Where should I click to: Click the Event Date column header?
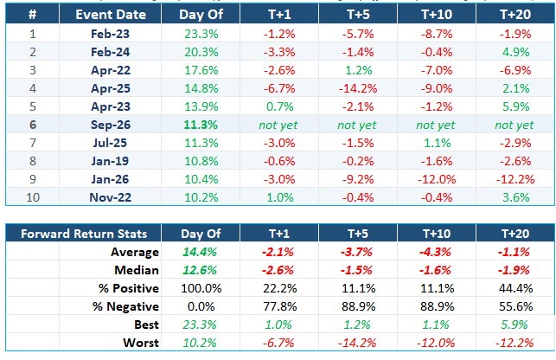tap(111, 15)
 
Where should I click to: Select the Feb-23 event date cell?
tap(111, 34)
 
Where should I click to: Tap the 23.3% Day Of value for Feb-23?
tap(201, 34)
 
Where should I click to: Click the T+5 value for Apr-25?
tap(358, 88)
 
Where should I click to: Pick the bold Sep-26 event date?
tap(111, 125)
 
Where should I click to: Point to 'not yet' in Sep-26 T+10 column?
tap(436, 125)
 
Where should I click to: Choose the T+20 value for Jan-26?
tap(514, 179)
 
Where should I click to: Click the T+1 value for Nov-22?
tap(280, 197)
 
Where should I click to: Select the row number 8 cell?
tap(33, 161)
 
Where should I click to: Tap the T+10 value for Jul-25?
tap(438, 143)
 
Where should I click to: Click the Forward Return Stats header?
tap(84, 234)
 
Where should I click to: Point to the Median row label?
tap(137, 270)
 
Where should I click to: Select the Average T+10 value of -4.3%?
tap(435, 252)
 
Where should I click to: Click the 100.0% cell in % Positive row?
tap(201, 288)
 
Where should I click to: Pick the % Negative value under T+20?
tap(515, 306)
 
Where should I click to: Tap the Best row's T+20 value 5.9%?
tap(514, 325)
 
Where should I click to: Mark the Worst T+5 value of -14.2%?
tap(357, 343)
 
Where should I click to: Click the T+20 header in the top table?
tap(515, 15)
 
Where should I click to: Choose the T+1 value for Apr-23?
tap(280, 106)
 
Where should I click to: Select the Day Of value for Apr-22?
tap(201, 70)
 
